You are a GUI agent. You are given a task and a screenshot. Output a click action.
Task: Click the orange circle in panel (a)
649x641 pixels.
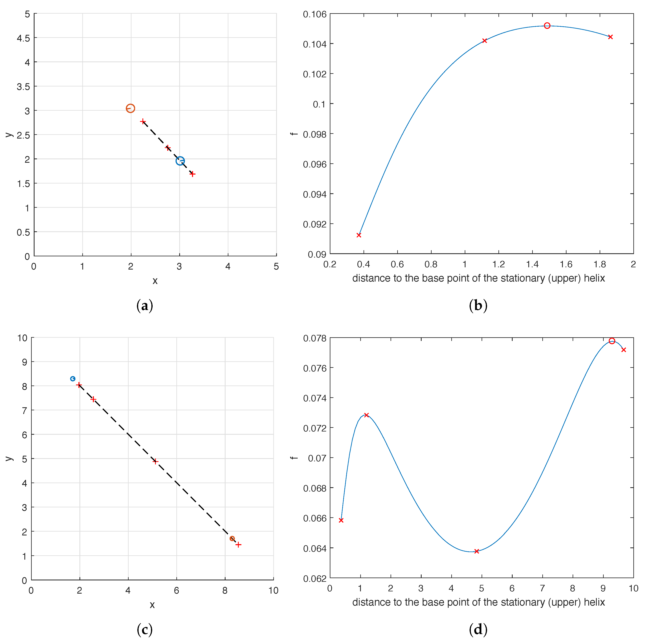[x=130, y=108]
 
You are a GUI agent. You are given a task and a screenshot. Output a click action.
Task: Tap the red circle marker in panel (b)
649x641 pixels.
[x=547, y=26]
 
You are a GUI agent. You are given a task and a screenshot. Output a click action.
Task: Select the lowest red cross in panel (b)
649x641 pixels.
[x=359, y=235]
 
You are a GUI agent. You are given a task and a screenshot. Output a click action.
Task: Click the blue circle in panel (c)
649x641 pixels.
[x=73, y=379]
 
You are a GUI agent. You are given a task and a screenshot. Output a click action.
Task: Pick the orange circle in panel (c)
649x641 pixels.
[x=232, y=538]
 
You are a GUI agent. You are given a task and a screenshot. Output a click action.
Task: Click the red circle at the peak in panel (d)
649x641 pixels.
[x=612, y=341]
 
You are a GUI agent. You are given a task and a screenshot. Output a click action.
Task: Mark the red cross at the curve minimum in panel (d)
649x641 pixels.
[x=476, y=551]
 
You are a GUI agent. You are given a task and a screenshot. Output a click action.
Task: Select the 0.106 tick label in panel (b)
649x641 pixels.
[x=314, y=14]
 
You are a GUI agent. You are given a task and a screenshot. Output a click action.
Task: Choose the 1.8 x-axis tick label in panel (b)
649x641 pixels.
[x=600, y=264]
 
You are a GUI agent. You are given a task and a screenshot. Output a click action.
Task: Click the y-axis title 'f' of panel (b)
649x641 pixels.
[x=294, y=134]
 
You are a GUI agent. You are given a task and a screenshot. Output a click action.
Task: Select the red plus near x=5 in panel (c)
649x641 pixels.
[x=155, y=461]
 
